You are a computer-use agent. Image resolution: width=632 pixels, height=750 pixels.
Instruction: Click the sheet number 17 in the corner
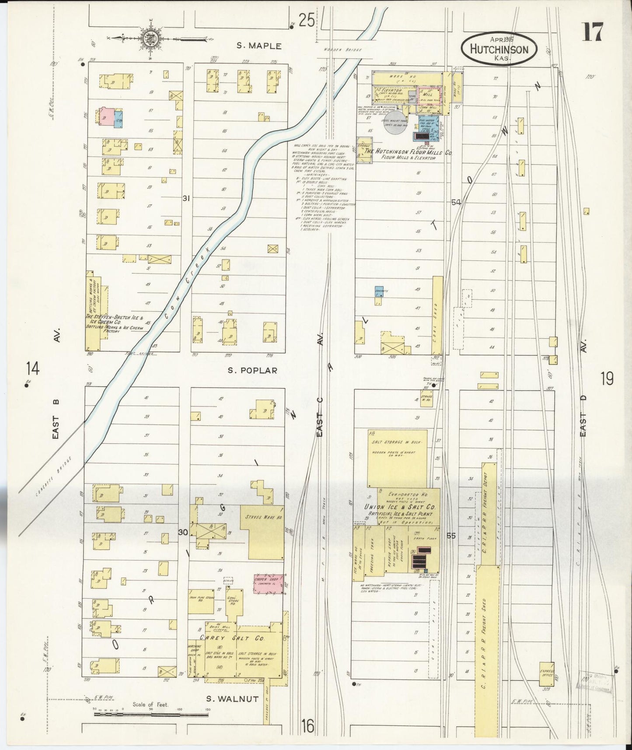[592, 32]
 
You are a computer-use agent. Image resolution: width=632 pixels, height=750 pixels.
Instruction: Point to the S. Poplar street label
[252, 371]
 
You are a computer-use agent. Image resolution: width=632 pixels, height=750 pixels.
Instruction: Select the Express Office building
[546, 686]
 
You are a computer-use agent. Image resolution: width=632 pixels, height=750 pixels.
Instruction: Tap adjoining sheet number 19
[607, 378]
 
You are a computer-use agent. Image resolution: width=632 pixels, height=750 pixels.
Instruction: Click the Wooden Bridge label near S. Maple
[342, 50]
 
